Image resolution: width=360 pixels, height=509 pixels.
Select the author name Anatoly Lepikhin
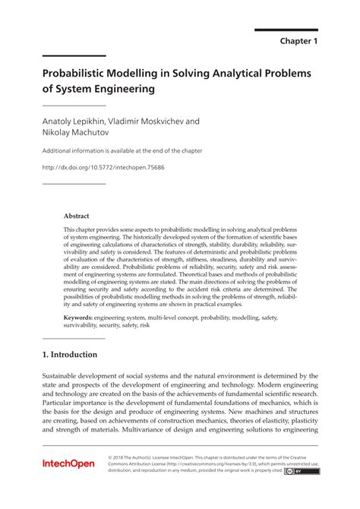pos(74,120)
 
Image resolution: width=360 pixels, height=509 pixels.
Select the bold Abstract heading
pos(77,216)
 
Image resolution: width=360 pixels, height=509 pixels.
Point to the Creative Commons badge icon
pos(308,470)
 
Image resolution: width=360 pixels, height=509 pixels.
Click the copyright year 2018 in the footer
pos(122,457)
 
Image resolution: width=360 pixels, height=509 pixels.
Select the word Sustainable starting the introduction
pos(65,375)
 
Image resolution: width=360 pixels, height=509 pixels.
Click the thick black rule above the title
pos(74,56)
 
